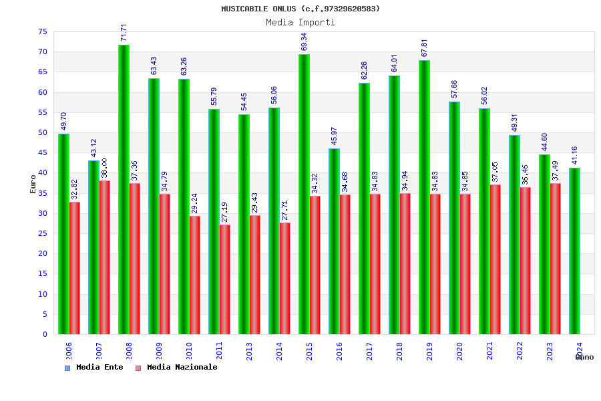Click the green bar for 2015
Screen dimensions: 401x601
[x=304, y=194]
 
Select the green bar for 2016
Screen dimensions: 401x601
[x=334, y=241]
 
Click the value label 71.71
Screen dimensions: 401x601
[x=124, y=33]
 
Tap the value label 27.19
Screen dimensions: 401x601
[x=225, y=212]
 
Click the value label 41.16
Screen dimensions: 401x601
[x=575, y=155]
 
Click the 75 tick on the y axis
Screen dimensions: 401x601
[x=41, y=31]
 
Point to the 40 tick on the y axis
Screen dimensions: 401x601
[x=41, y=172]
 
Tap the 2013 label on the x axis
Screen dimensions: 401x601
[x=249, y=351]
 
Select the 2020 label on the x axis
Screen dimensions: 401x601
[x=459, y=351]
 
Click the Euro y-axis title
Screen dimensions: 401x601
[x=33, y=184]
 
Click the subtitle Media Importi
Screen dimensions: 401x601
[x=300, y=22]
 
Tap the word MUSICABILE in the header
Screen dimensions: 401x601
[x=245, y=9]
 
